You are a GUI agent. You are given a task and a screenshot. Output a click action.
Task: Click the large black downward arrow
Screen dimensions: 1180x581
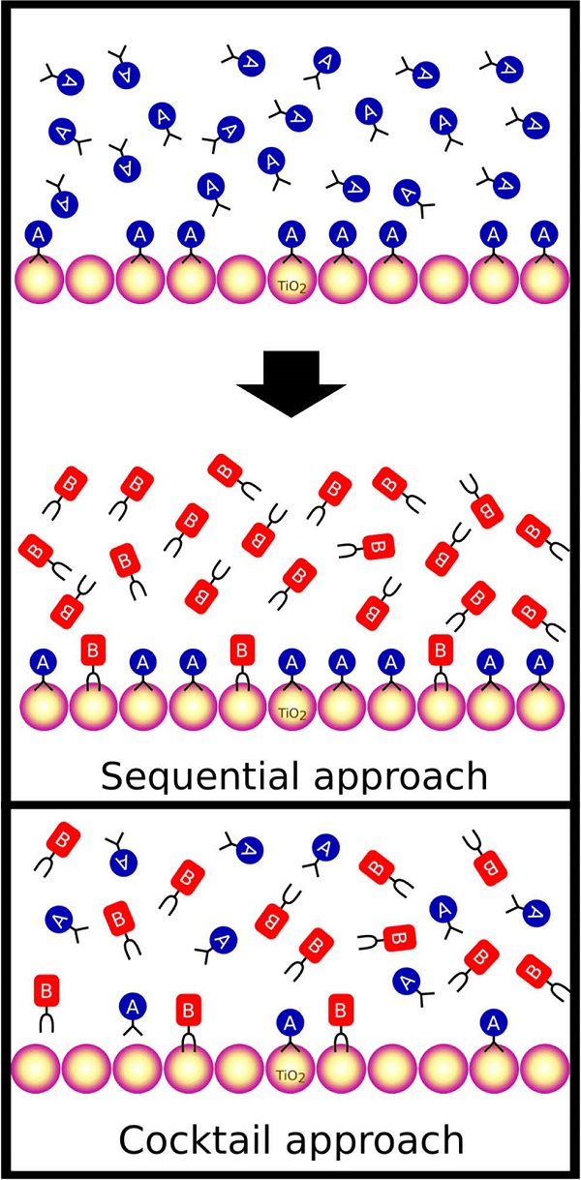[290, 383]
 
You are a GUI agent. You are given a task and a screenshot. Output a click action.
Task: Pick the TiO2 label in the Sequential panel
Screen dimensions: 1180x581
[290, 712]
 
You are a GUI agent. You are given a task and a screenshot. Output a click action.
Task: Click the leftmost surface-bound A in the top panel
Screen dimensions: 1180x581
[39, 233]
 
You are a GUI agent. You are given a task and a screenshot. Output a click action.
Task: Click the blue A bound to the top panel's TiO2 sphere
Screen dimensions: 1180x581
[290, 233]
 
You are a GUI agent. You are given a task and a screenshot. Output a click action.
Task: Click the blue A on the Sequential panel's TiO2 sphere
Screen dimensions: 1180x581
[290, 662]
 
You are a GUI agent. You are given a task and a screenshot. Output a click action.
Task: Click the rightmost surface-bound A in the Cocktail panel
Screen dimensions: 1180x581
[494, 1022]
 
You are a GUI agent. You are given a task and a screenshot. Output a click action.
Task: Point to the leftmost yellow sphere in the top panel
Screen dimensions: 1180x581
[39, 281]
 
